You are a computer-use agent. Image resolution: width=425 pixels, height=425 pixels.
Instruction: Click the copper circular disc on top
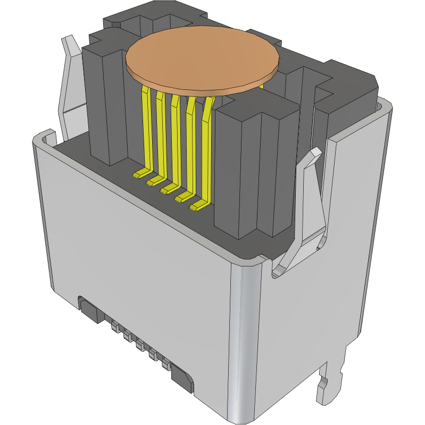203,57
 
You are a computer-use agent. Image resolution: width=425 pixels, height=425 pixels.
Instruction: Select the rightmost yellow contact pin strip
206,149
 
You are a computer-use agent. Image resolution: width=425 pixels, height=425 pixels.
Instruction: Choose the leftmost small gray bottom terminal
114,326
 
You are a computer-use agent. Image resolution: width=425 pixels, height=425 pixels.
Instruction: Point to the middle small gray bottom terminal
140,345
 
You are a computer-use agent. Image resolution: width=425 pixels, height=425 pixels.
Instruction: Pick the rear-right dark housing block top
351,74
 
